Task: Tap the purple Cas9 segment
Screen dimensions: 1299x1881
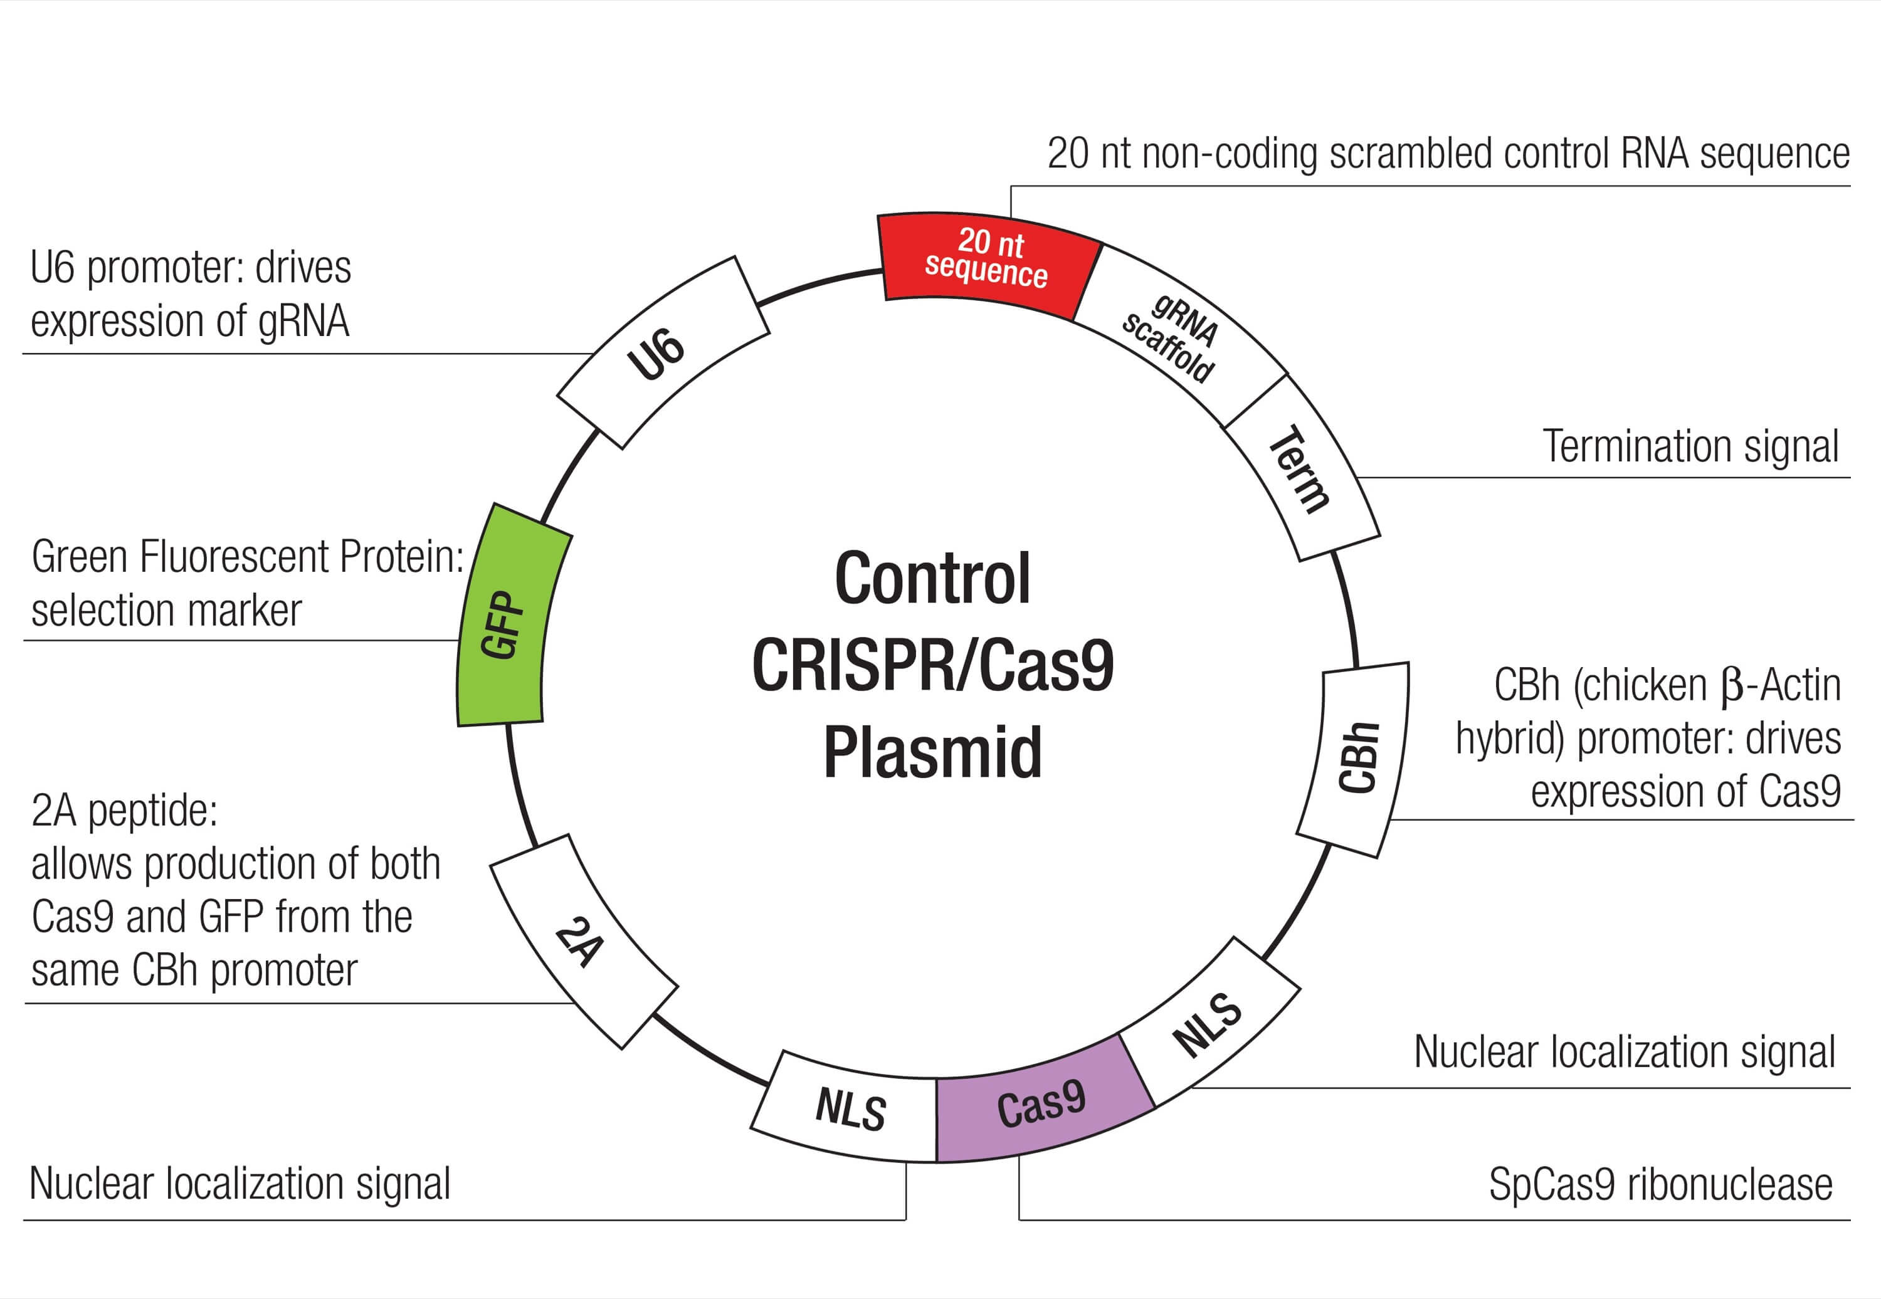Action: tap(1042, 1102)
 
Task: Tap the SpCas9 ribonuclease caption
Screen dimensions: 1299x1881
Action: tap(1660, 1184)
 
